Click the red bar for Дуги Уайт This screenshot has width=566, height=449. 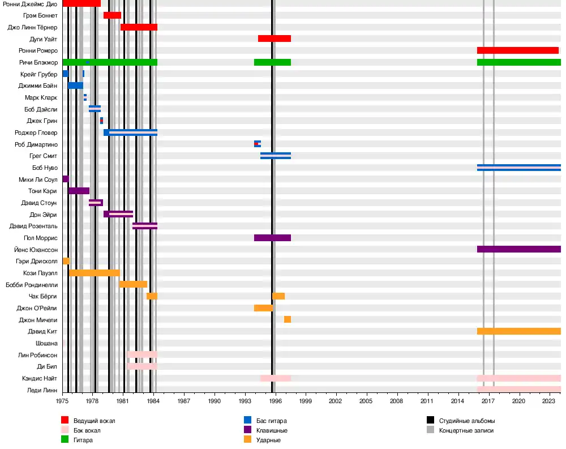click(x=275, y=39)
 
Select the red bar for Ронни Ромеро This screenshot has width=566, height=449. click(x=518, y=50)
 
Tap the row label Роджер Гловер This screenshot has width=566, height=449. click(x=36, y=132)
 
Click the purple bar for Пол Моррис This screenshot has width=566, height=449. click(x=272, y=238)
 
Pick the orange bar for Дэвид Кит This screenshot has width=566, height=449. click(x=518, y=331)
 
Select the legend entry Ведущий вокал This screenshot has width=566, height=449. click(x=90, y=421)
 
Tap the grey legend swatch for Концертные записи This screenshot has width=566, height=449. click(x=430, y=430)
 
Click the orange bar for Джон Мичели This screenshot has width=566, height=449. click(x=288, y=319)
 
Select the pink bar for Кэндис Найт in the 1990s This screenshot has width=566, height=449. click(x=276, y=378)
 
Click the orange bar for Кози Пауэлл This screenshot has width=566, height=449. click(x=94, y=273)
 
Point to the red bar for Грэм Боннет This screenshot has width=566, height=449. click(x=112, y=15)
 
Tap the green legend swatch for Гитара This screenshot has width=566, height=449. click(x=65, y=440)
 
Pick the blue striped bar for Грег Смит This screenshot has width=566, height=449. click(x=276, y=156)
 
